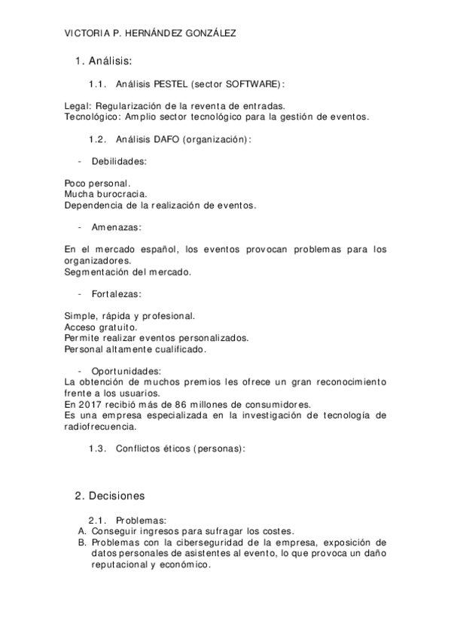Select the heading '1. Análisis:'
point(104,60)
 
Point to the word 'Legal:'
point(78,106)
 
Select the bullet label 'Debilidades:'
point(118,161)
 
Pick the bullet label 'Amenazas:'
point(116,226)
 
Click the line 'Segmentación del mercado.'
point(128,271)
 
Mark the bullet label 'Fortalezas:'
point(117,293)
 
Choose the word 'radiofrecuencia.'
point(101,426)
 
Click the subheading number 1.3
point(99,448)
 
